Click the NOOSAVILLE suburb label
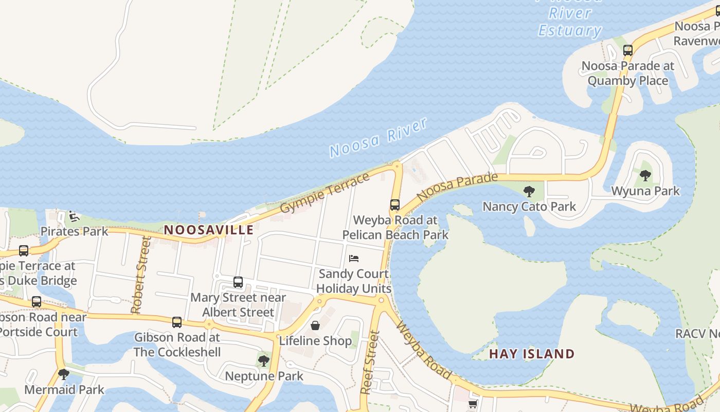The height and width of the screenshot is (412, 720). pyautogui.click(x=209, y=230)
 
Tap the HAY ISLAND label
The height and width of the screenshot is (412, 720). pyautogui.click(x=531, y=354)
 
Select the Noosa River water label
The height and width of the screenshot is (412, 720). pyautogui.click(x=379, y=138)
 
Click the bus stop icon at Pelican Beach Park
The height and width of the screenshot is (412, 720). pyautogui.click(x=394, y=205)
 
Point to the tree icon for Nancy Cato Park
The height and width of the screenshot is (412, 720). pyautogui.click(x=529, y=192)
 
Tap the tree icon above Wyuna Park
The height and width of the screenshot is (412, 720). pyautogui.click(x=645, y=176)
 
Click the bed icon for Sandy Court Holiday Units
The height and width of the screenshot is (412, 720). pyautogui.click(x=354, y=259)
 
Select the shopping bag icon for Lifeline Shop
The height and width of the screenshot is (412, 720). pyautogui.click(x=315, y=325)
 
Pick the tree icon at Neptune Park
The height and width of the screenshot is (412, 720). pyautogui.click(x=264, y=360)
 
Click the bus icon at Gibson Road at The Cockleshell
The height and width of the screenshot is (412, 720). pyautogui.click(x=177, y=322)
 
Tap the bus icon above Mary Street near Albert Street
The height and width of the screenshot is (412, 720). pyautogui.click(x=238, y=282)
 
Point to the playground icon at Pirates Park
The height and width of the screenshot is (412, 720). pyautogui.click(x=74, y=216)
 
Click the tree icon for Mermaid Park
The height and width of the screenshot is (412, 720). pyautogui.click(x=64, y=374)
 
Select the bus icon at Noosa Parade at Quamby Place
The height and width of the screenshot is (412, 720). pyautogui.click(x=627, y=50)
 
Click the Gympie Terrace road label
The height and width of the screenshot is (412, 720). pyautogui.click(x=325, y=193)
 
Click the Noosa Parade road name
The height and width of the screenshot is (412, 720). pyautogui.click(x=457, y=187)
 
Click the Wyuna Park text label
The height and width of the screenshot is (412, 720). pyautogui.click(x=645, y=191)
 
